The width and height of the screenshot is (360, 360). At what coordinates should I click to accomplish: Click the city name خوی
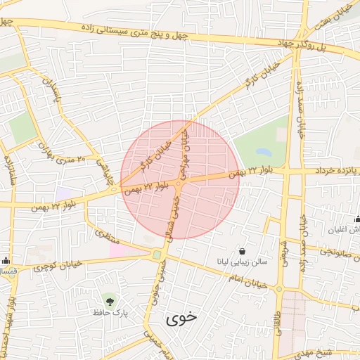[x=181, y=318]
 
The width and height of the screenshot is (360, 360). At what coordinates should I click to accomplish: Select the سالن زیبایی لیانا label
[x=243, y=262]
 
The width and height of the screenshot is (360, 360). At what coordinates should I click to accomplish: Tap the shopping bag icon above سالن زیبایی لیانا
[x=243, y=251]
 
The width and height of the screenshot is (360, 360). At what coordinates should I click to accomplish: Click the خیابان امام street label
[x=245, y=279]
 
